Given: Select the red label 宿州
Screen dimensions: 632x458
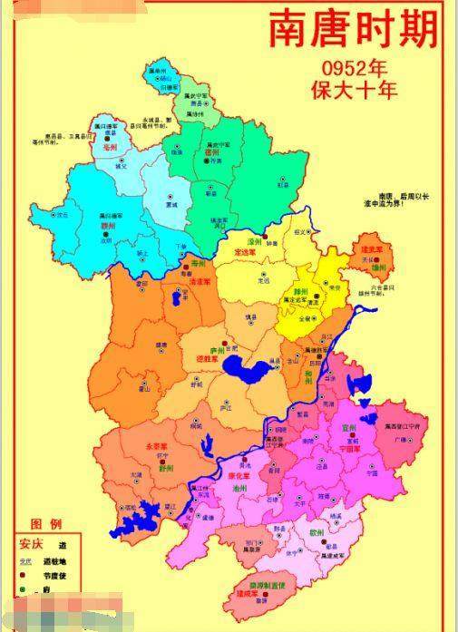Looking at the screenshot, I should click(x=213, y=153).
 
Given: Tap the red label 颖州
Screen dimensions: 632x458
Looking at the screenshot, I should click(x=106, y=227).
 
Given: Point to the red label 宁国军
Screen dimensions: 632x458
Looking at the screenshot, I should click(x=349, y=447).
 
